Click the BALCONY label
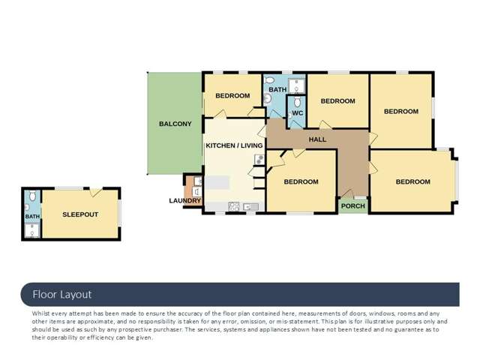[x=175, y=124]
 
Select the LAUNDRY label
[x=184, y=200]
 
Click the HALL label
[x=317, y=139]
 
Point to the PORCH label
[x=352, y=206]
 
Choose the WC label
[x=296, y=113]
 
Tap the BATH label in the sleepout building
[x=32, y=217]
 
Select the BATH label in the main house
[x=277, y=90]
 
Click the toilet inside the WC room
[x=298, y=102]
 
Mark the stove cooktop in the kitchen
[x=233, y=206]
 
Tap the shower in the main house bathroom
[x=296, y=83]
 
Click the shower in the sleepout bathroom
[x=31, y=232]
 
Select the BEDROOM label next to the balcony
[x=232, y=95]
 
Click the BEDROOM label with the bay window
[x=412, y=181]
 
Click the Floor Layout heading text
[x=61, y=295]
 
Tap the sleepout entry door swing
[x=96, y=193]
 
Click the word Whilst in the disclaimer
[x=42, y=313]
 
